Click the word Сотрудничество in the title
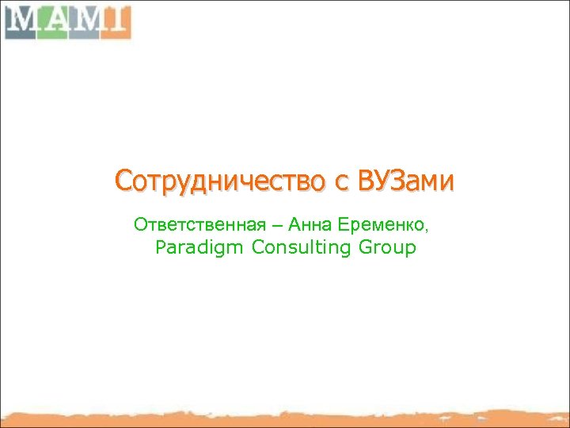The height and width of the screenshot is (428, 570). coord(218,181)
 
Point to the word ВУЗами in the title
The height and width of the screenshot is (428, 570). coord(406,181)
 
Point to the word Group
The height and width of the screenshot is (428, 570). coord(386,248)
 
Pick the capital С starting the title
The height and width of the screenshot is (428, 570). coord(123,181)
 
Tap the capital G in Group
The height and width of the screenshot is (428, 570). coord(365,247)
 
